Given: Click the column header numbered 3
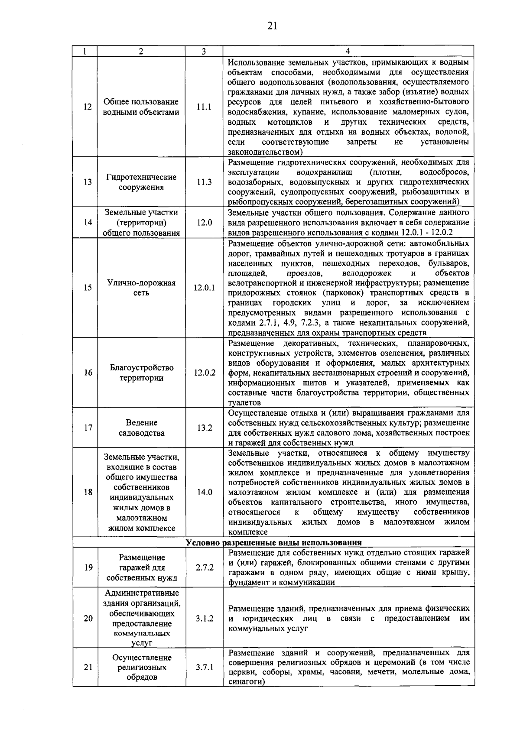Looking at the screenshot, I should coord(204,51).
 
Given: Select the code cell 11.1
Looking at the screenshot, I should coord(204,107).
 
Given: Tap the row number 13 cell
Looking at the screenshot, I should coord(88,182).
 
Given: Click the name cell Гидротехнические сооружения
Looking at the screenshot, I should coord(141,182).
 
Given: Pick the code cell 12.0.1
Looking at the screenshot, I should coord(204,288).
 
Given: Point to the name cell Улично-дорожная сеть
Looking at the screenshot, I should coord(141,288).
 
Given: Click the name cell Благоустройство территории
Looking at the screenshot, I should coord(141,373).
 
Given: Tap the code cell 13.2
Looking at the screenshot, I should coord(204,428).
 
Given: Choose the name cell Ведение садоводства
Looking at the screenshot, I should coord(141,428).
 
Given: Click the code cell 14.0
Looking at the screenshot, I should coord(204,492).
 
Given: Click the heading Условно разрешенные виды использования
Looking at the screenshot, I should coord(273,543).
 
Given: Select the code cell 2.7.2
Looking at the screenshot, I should coord(204,567).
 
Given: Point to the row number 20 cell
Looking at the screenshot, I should coord(88,618).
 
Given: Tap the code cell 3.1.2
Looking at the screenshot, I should coord(204,618).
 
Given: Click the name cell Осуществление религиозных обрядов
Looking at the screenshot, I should coord(141,668).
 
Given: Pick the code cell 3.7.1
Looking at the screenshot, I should coord(204,668).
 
